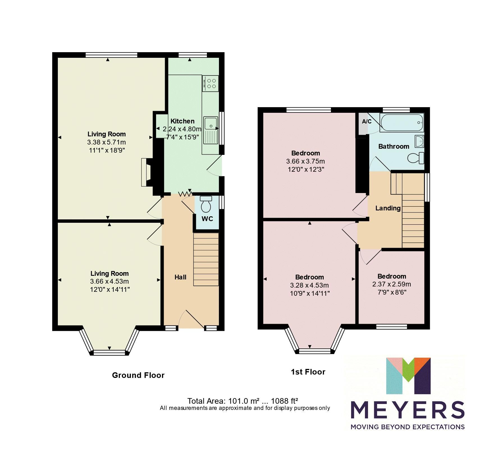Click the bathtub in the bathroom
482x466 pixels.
click(401, 123)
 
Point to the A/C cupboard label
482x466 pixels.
click(367, 121)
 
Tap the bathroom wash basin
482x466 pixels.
click(420, 141)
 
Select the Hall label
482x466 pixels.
click(180, 277)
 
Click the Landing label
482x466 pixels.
click(388, 208)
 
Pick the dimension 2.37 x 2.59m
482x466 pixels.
click(392, 284)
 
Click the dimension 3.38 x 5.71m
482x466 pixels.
click(106, 142)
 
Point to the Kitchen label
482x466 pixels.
click(182, 121)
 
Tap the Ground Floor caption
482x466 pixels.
click(138, 375)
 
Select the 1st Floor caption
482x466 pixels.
click(308, 372)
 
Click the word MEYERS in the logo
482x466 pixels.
click(407, 410)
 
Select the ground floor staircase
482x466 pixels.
click(206, 259)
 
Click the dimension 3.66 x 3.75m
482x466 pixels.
click(305, 161)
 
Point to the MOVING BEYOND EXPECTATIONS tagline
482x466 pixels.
click(407, 427)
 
